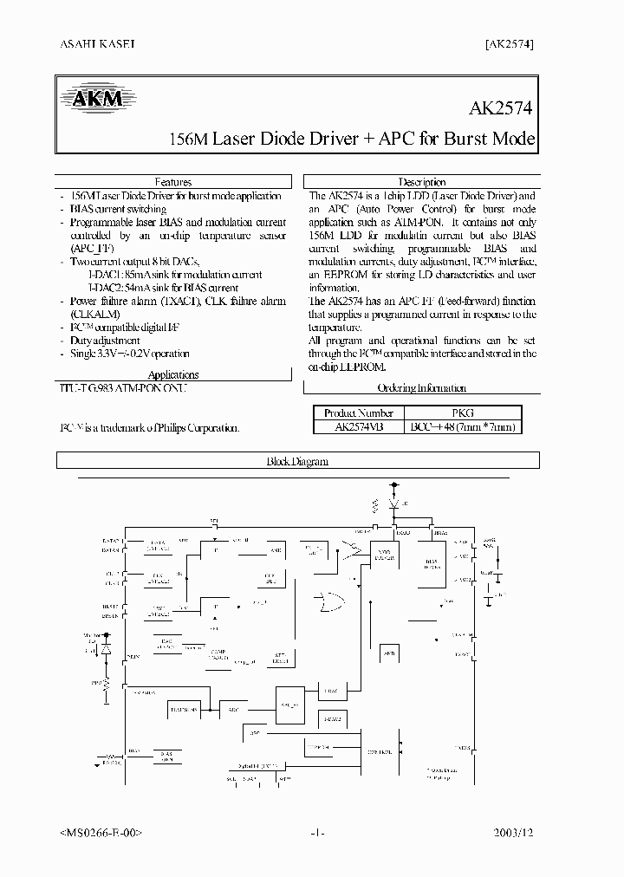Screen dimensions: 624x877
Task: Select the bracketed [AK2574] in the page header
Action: pos(505,42)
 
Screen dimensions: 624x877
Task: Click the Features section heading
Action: pos(173,182)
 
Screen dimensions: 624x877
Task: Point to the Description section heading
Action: pos(421,182)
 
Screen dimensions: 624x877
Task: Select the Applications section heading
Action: pos(173,374)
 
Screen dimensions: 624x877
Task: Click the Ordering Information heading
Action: pos(422,388)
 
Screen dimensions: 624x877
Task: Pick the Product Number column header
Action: pos(358,413)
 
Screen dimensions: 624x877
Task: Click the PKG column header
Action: pos(463,413)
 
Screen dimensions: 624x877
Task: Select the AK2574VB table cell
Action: pos(358,427)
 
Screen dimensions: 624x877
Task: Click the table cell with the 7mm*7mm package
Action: pos(463,427)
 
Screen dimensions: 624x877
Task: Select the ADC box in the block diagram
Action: pos(233,709)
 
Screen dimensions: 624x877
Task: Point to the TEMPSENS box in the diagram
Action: pos(185,709)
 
